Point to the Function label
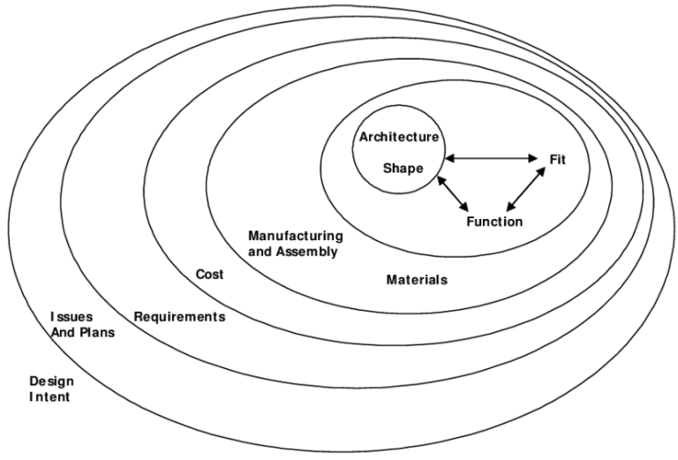[x=494, y=221]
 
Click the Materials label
[x=417, y=280]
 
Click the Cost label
[x=209, y=275]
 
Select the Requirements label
[x=179, y=316]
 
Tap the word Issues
[x=69, y=316]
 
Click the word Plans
[x=95, y=333]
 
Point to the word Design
[x=51, y=381]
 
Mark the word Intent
[x=49, y=397]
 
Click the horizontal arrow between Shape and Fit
[x=490, y=159]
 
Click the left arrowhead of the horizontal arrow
[x=447, y=159]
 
